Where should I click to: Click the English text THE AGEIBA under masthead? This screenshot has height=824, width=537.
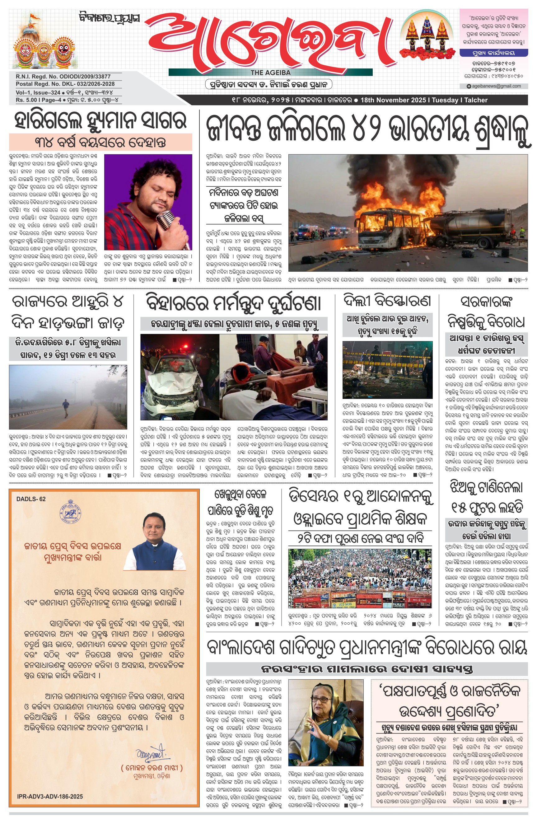click(x=270, y=73)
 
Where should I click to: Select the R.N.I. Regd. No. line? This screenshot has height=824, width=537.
click(x=63, y=77)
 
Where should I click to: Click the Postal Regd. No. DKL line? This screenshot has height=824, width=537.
click(x=65, y=84)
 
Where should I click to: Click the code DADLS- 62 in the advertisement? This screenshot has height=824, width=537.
click(x=31, y=499)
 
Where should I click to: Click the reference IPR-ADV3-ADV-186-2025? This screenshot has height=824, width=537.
click(x=50, y=797)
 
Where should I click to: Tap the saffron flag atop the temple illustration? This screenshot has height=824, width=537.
click(x=34, y=16)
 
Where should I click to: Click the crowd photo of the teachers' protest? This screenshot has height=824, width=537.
click(x=360, y=579)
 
